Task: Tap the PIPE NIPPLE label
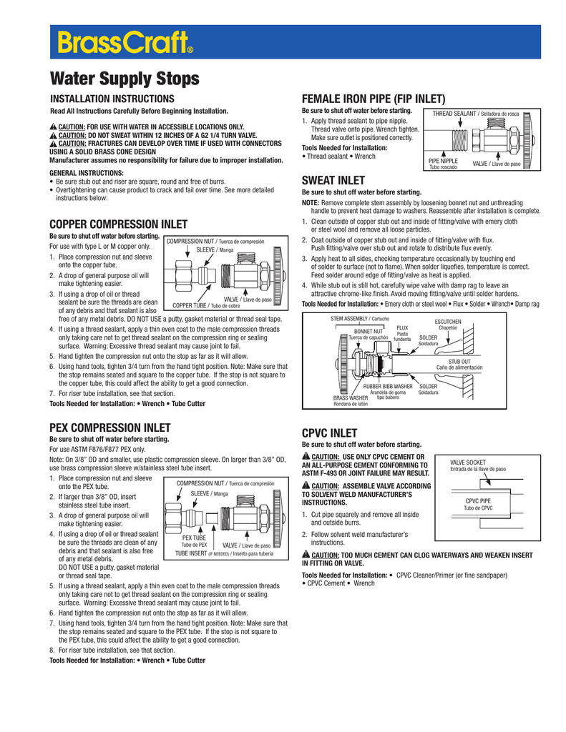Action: coord(443,162)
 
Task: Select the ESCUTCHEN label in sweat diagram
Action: coord(448,322)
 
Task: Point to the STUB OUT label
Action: coord(459,342)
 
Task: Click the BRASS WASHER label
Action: coord(350,397)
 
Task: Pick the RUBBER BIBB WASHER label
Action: coord(388,386)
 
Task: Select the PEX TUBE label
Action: coord(194,538)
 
